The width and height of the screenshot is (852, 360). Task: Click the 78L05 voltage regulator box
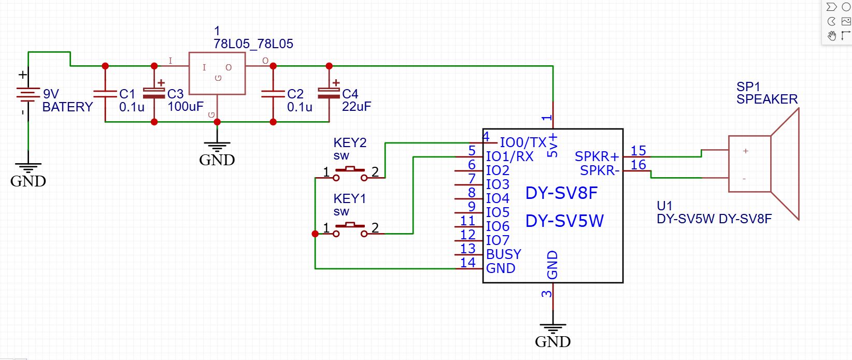pyautogui.click(x=217, y=73)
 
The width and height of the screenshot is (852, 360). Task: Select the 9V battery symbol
pyautogui.click(x=28, y=95)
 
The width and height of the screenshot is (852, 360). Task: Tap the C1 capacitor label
pyautogui.click(x=127, y=94)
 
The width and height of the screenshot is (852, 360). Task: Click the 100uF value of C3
pyautogui.click(x=185, y=107)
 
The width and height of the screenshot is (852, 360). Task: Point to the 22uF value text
pyautogui.click(x=356, y=107)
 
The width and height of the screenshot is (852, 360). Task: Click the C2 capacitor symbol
pyautogui.click(x=273, y=94)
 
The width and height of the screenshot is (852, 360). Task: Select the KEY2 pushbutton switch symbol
pyautogui.click(x=350, y=172)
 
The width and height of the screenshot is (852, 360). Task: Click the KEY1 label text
pyautogui.click(x=349, y=199)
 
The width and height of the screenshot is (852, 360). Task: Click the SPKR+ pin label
pyautogui.click(x=597, y=156)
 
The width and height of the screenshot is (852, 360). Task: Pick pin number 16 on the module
pyautogui.click(x=638, y=165)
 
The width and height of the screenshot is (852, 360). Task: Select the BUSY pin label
pyautogui.click(x=503, y=254)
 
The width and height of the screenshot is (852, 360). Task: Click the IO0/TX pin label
pyautogui.click(x=523, y=142)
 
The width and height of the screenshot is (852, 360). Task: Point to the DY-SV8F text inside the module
pyautogui.click(x=561, y=193)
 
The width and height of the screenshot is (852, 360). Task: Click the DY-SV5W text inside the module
pyautogui.click(x=564, y=221)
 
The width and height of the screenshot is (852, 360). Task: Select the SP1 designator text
pyautogui.click(x=748, y=87)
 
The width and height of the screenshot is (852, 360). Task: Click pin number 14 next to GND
pyautogui.click(x=467, y=263)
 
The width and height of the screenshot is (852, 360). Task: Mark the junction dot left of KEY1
pyautogui.click(x=315, y=234)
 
